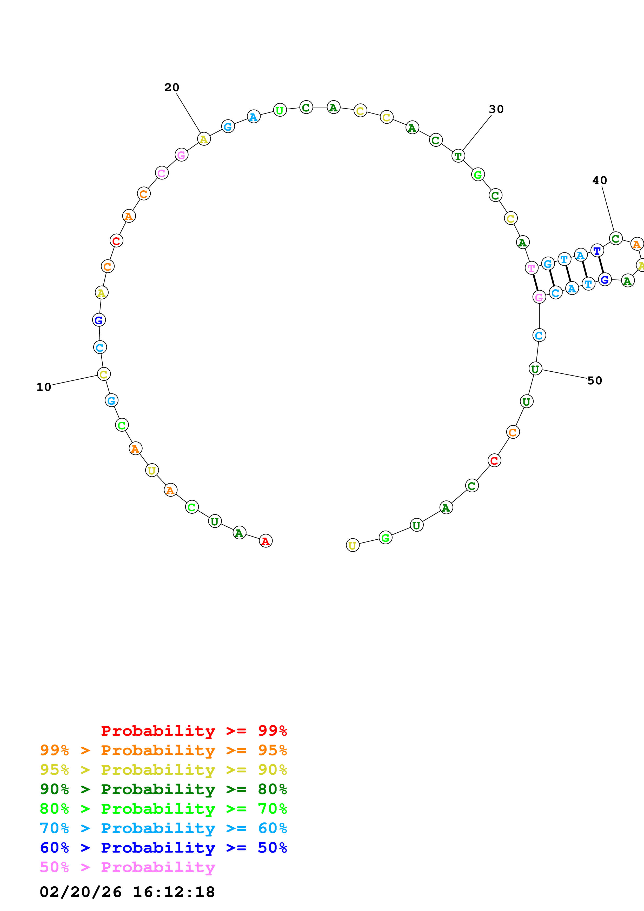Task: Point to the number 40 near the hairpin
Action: click(600, 180)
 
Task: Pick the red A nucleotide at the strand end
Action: click(265, 541)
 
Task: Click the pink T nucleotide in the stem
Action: click(531, 268)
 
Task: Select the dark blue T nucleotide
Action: click(597, 251)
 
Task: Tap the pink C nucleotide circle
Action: click(162, 173)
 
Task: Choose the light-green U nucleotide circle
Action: click(280, 110)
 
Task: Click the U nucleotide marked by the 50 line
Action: click(535, 369)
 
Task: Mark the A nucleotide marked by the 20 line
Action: click(204, 139)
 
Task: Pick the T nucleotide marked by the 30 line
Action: click(458, 156)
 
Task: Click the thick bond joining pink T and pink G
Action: click(535, 283)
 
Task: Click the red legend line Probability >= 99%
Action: click(194, 731)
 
